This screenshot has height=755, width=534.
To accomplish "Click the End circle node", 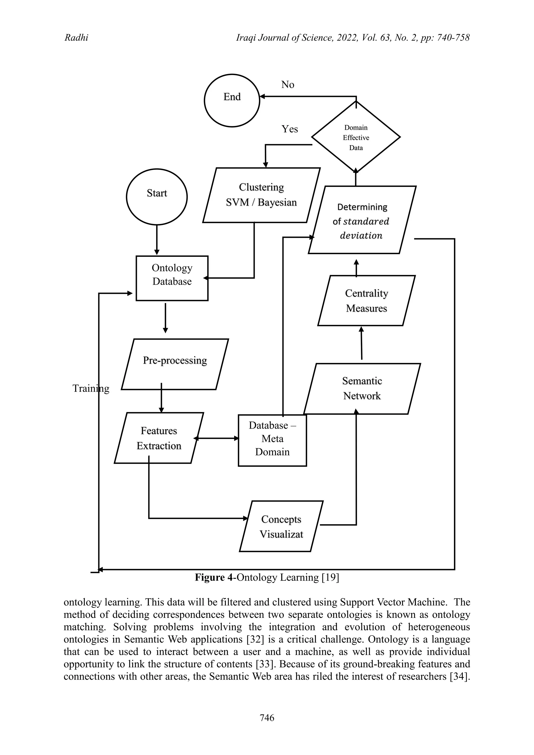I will [232, 100].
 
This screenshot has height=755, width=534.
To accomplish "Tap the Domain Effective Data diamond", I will [356, 137].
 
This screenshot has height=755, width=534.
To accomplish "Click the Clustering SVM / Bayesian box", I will [262, 195].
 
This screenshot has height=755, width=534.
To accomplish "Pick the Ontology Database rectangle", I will [172, 278].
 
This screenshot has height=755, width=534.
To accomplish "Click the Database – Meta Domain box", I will [272, 440].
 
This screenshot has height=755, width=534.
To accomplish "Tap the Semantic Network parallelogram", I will [362, 388].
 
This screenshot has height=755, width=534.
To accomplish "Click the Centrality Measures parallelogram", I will [366, 301].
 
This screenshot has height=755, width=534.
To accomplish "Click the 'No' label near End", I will [287, 85].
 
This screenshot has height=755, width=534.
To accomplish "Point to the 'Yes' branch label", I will [289, 129].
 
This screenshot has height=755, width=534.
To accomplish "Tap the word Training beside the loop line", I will [91, 388].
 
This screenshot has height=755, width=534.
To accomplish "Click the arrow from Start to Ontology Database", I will [157, 240].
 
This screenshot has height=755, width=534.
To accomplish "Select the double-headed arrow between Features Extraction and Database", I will [216, 438].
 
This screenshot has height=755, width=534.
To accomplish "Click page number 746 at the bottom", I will [267, 717].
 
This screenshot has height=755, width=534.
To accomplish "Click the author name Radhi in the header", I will [76, 38].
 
